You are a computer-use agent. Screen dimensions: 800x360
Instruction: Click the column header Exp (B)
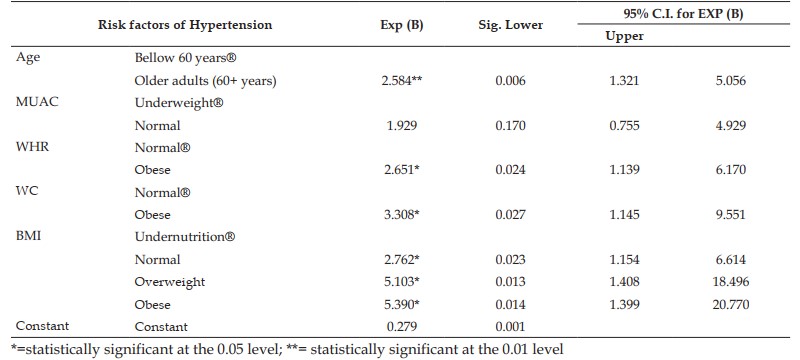[402, 25]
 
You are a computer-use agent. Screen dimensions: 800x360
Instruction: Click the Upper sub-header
[624, 36]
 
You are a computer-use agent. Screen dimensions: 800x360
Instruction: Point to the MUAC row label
[37, 102]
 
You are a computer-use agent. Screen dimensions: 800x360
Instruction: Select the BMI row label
[29, 237]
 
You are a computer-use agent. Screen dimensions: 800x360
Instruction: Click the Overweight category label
[170, 282]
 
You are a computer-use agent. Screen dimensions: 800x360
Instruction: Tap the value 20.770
[731, 304]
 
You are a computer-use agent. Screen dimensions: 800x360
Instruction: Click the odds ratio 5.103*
[402, 282]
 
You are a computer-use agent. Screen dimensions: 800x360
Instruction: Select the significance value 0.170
[510, 125]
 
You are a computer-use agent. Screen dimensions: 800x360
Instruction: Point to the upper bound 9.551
[731, 215]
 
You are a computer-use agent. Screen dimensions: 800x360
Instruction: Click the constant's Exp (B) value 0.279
[402, 326]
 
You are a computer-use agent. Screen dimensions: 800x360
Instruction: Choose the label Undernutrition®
[185, 237]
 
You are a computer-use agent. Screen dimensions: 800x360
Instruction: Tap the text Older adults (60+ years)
[206, 81]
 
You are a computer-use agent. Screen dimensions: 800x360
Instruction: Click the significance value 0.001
[510, 326]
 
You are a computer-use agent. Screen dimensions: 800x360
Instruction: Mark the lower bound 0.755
[624, 125]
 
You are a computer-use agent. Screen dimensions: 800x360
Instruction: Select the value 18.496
[731, 282]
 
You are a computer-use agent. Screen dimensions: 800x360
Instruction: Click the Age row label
[28, 57]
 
